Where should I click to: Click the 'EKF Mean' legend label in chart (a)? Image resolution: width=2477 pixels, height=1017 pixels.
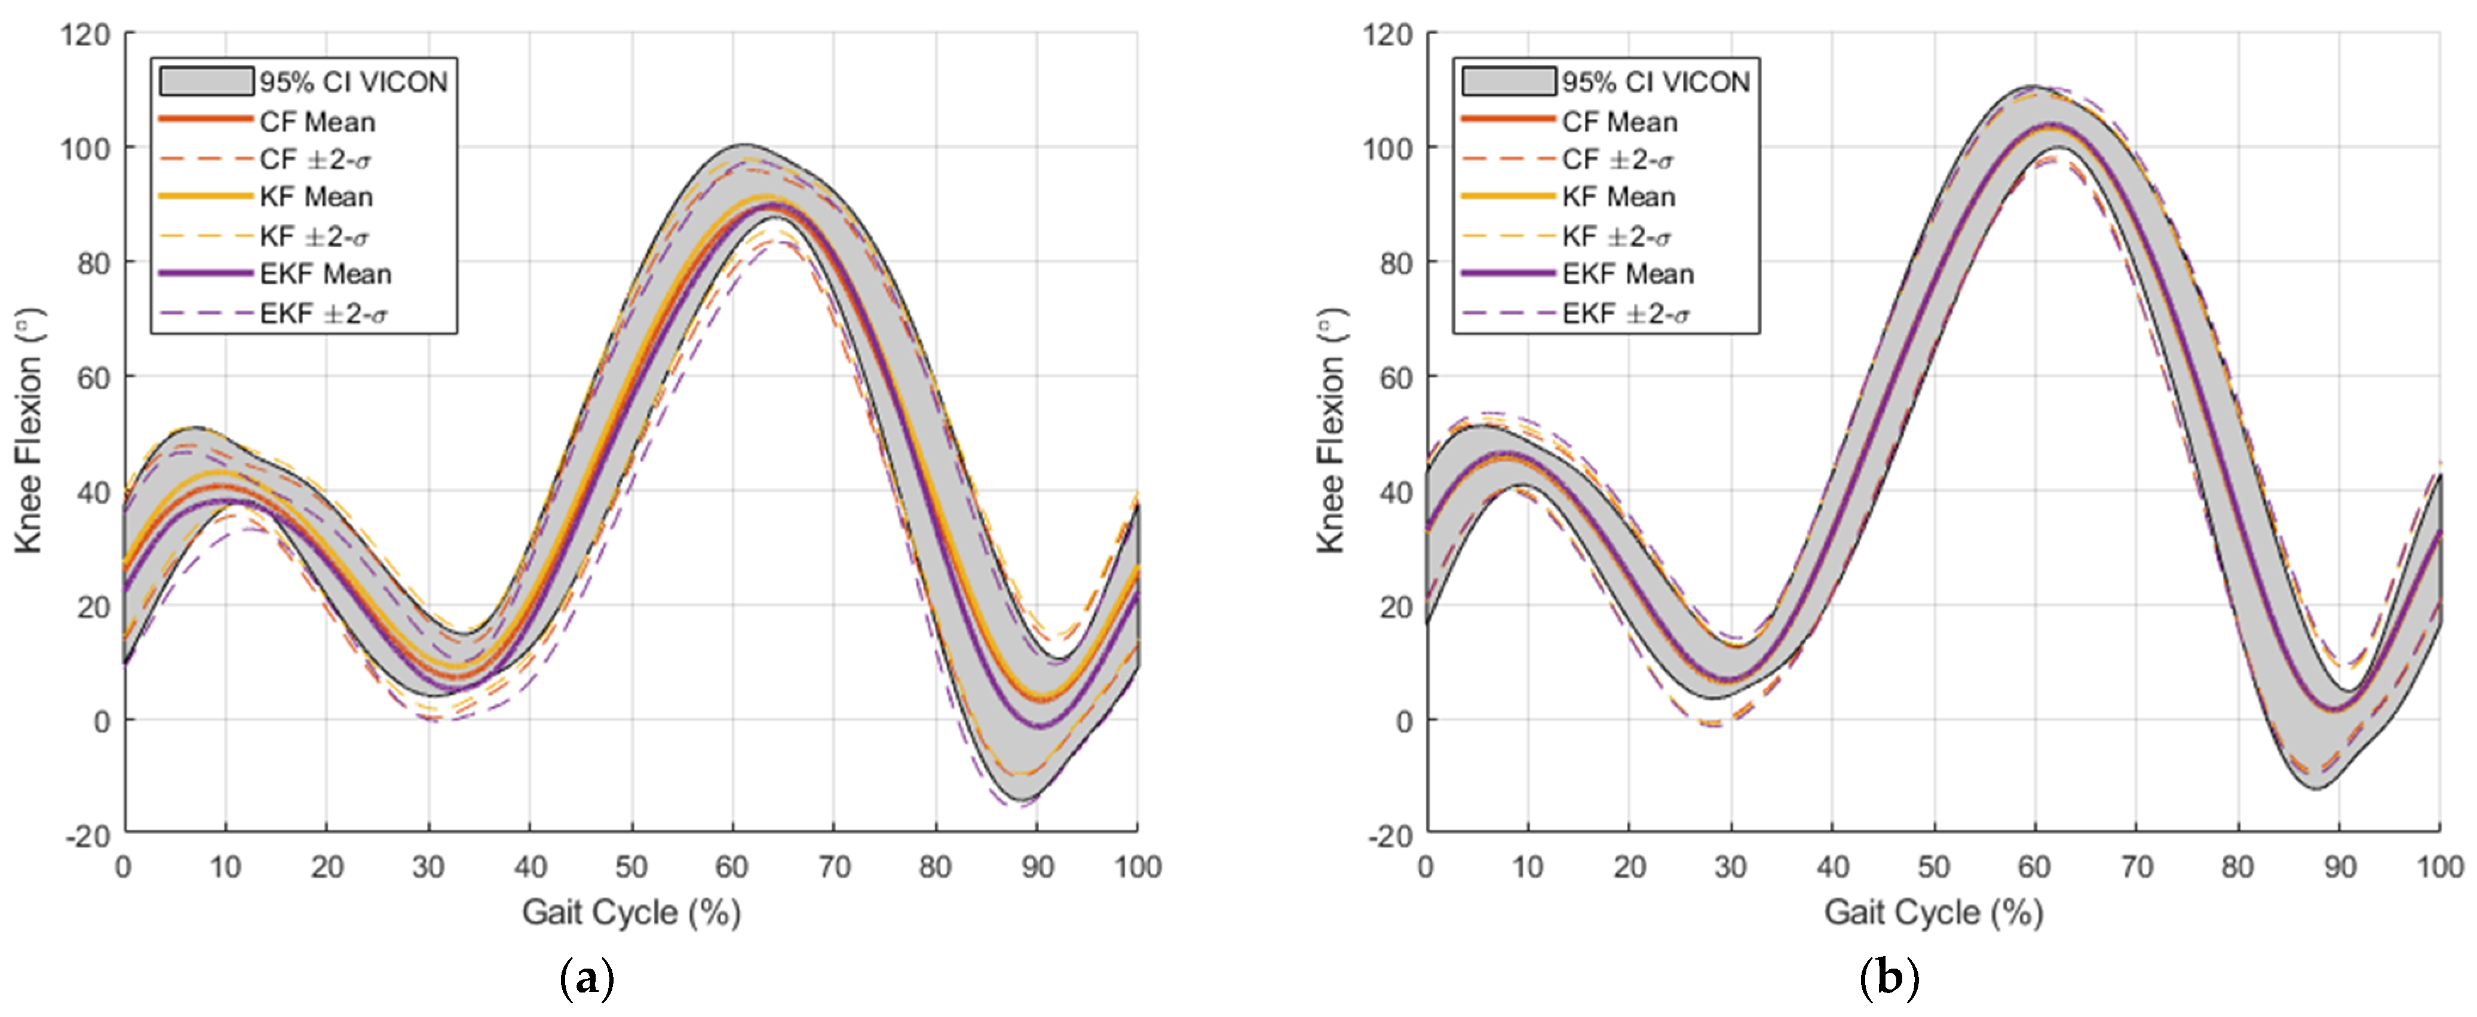click(325, 274)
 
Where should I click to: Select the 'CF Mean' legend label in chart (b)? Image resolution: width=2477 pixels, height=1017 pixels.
click(1619, 122)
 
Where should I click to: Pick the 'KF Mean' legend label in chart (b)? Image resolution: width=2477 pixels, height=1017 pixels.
click(1618, 197)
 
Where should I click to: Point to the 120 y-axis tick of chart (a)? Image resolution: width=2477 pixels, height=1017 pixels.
click(85, 35)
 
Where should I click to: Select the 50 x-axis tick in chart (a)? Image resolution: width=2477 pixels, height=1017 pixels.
click(631, 867)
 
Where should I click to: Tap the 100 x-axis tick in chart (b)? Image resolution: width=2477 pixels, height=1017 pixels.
click(2439, 867)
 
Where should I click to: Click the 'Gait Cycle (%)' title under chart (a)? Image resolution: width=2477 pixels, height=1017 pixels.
click(631, 912)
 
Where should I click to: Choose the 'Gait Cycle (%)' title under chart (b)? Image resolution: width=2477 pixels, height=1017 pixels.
click(1933, 912)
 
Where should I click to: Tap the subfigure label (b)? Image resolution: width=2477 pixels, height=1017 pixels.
click(1890, 979)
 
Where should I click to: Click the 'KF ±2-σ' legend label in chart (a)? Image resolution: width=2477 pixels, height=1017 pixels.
click(314, 237)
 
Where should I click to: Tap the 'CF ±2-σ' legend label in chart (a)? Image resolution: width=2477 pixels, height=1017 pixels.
click(314, 160)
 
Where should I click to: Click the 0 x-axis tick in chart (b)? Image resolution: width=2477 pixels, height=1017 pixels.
click(1426, 867)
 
